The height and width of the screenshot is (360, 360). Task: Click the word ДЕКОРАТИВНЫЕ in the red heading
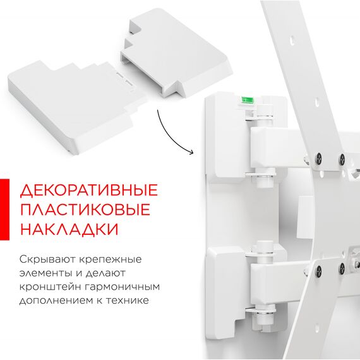point(89,190)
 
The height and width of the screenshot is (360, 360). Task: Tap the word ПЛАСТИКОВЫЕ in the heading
point(85,210)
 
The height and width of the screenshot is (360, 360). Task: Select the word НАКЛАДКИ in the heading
point(69,229)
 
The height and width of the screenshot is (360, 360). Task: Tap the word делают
point(105,273)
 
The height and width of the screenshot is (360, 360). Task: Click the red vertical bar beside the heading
point(4,210)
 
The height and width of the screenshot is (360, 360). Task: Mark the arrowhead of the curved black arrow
point(191,152)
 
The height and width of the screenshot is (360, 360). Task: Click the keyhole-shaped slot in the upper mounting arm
point(292,40)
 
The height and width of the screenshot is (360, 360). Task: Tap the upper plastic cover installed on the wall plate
point(230,138)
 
